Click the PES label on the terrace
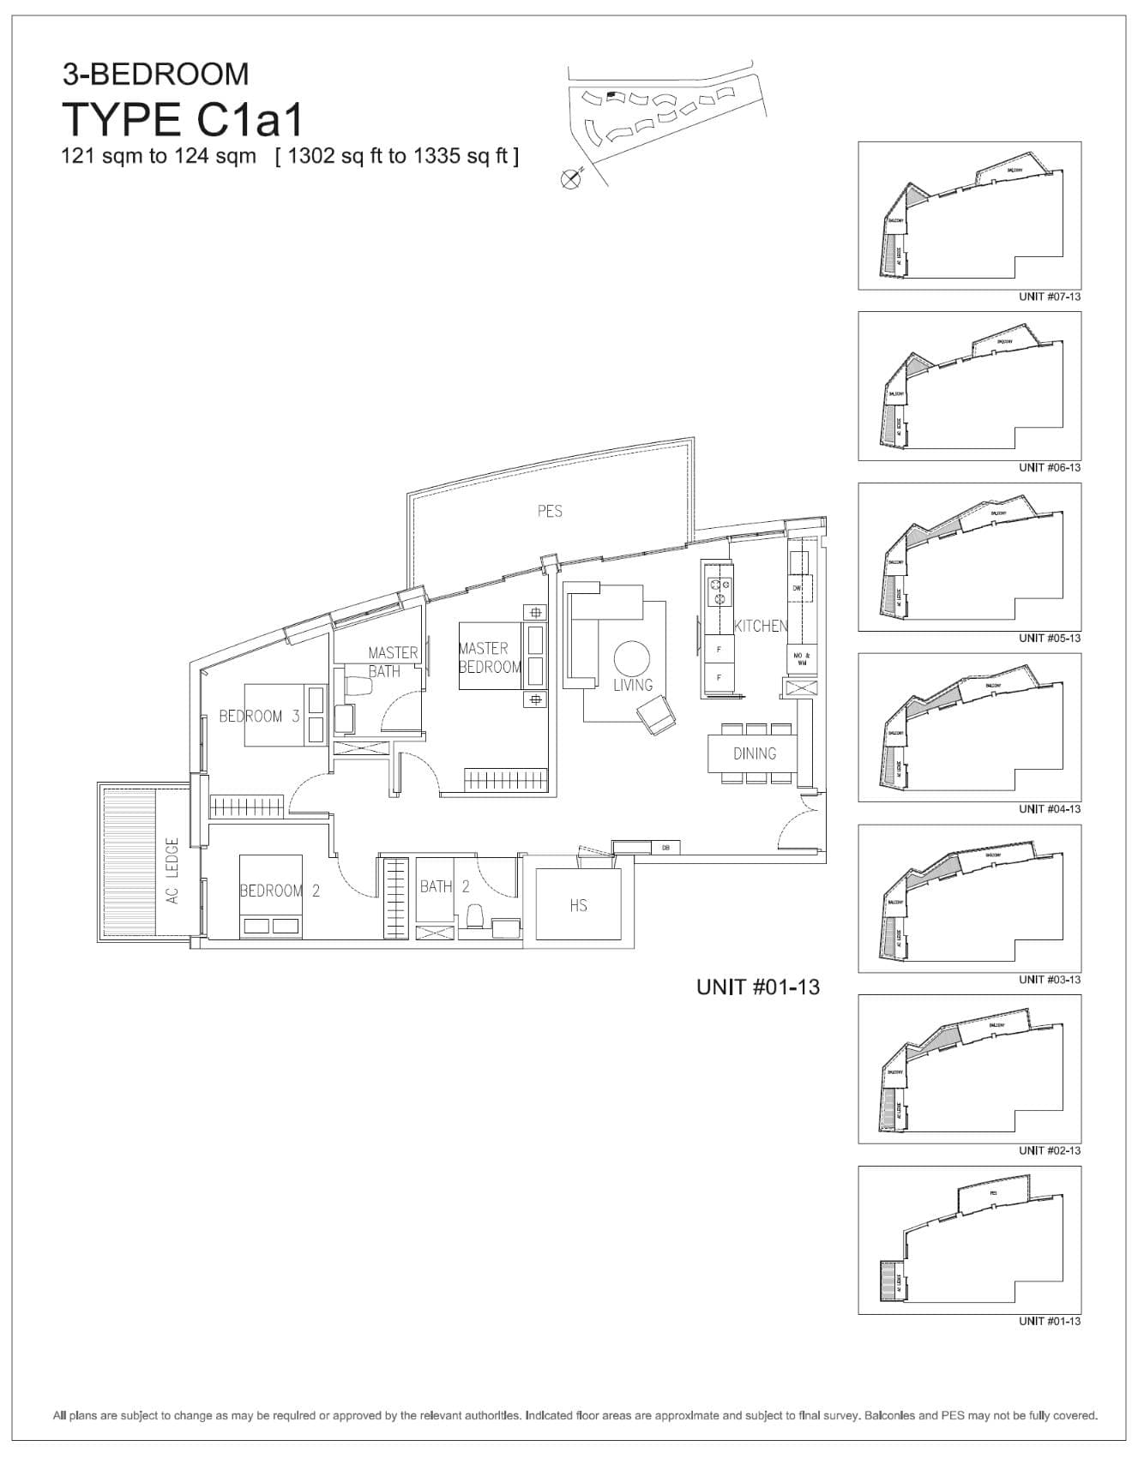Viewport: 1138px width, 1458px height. tap(550, 511)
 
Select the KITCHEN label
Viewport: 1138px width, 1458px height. tap(760, 626)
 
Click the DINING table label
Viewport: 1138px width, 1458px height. tap(755, 753)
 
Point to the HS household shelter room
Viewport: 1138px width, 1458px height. tap(578, 905)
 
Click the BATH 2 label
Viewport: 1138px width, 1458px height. tap(444, 886)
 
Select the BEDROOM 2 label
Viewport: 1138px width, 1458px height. tap(280, 891)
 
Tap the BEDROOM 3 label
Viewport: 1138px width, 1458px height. tap(259, 716)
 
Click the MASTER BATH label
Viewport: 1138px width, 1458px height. tap(393, 662)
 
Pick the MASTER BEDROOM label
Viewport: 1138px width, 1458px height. tap(489, 657)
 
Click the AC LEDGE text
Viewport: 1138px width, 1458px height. tap(172, 871)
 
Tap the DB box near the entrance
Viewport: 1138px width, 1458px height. tap(665, 848)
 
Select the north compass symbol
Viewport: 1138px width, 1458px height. tap(569, 178)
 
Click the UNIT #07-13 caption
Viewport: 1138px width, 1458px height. tap(1049, 297)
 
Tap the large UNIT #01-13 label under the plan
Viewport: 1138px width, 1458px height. tap(757, 987)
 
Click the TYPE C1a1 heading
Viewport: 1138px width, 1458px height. tap(183, 119)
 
